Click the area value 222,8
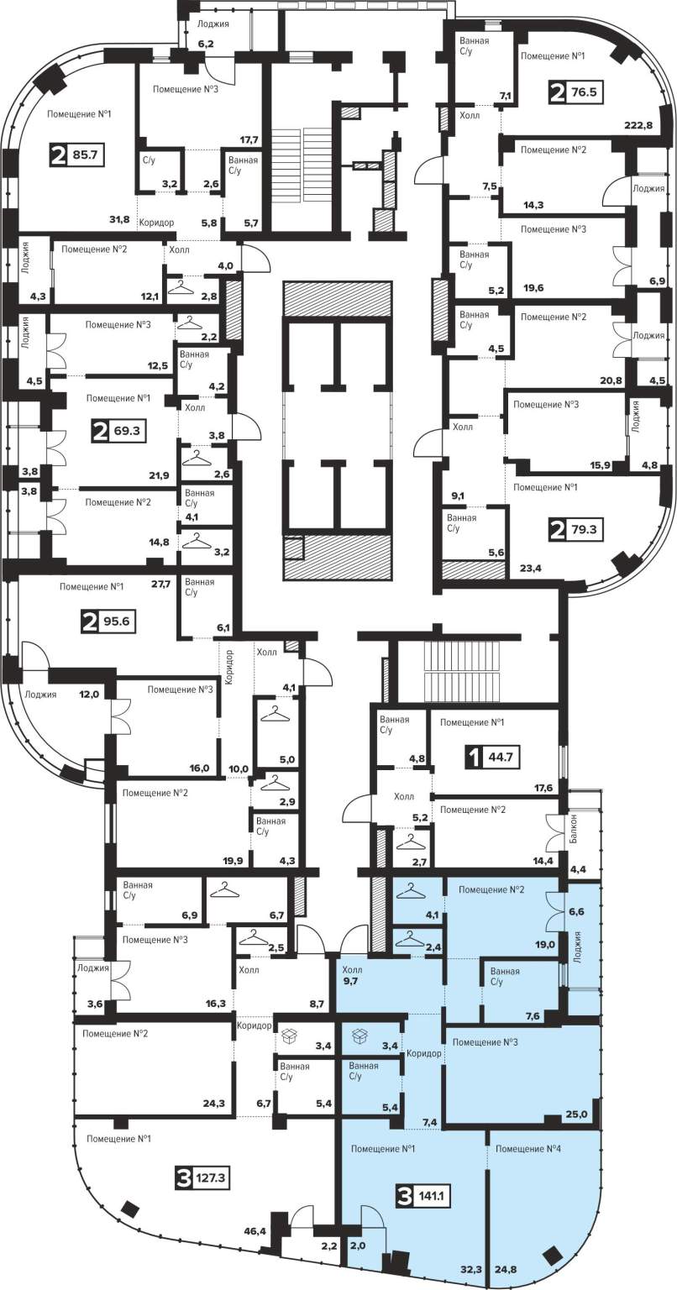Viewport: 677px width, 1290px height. tap(638, 125)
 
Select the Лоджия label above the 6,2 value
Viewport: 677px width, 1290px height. tap(213, 24)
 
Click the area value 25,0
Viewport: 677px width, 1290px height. tap(577, 1114)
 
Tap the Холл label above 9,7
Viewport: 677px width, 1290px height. tap(352, 969)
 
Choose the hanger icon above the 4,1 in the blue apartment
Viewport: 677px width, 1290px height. tap(411, 890)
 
